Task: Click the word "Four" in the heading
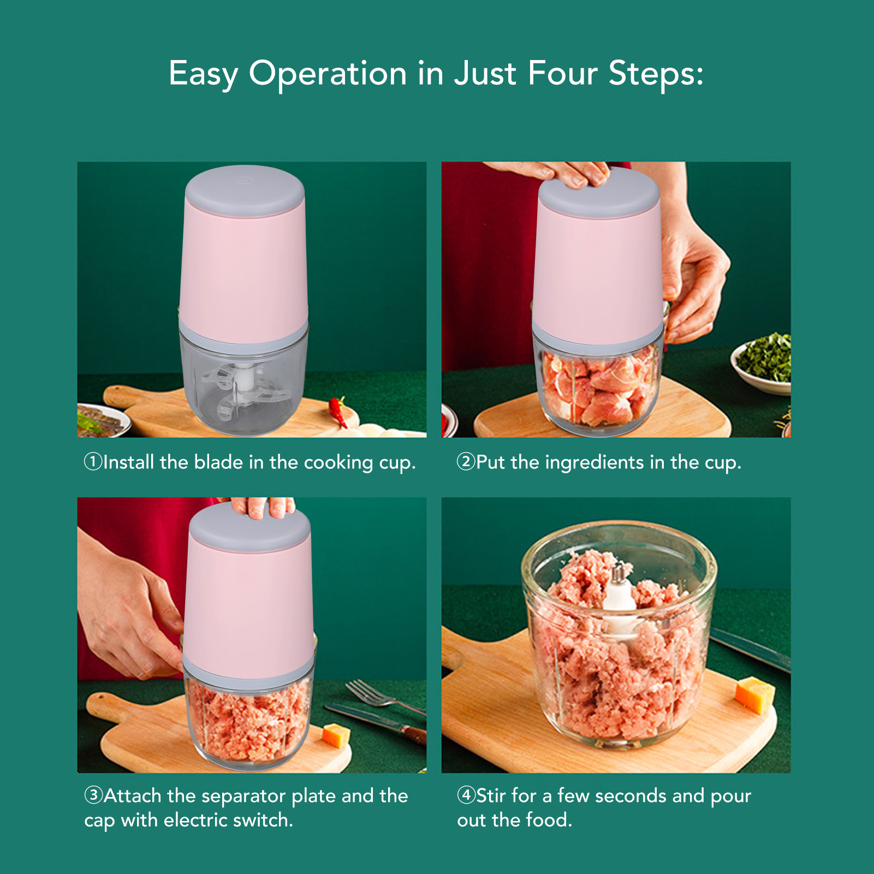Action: pyautogui.click(x=562, y=73)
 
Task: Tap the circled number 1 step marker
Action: pyautogui.click(x=93, y=462)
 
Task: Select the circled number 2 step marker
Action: pyautogui.click(x=466, y=462)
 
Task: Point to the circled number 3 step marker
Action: pyautogui.click(x=93, y=795)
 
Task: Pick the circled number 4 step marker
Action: pyautogui.click(x=466, y=795)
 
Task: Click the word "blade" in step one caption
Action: pyautogui.click(x=218, y=462)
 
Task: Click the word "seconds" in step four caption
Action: pyautogui.click(x=631, y=796)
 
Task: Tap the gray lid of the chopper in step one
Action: pyautogui.click(x=245, y=191)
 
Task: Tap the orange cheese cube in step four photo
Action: pyautogui.click(x=754, y=694)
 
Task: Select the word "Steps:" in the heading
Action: pyautogui.click(x=656, y=73)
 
